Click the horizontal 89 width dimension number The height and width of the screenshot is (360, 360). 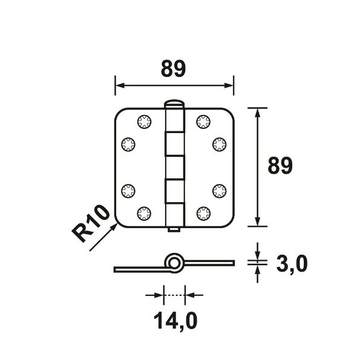[x=173, y=70]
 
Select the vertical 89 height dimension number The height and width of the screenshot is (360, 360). [x=279, y=166]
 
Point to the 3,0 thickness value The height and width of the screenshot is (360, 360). [x=291, y=264]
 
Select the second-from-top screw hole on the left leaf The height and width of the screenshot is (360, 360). [x=128, y=143]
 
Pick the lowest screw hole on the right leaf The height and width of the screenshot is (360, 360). [x=201, y=212]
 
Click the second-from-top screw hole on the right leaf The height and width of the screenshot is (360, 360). [x=218, y=143]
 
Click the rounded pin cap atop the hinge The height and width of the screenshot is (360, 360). [x=174, y=103]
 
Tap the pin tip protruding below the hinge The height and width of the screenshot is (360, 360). [x=174, y=230]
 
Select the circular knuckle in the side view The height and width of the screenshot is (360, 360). [x=174, y=263]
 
